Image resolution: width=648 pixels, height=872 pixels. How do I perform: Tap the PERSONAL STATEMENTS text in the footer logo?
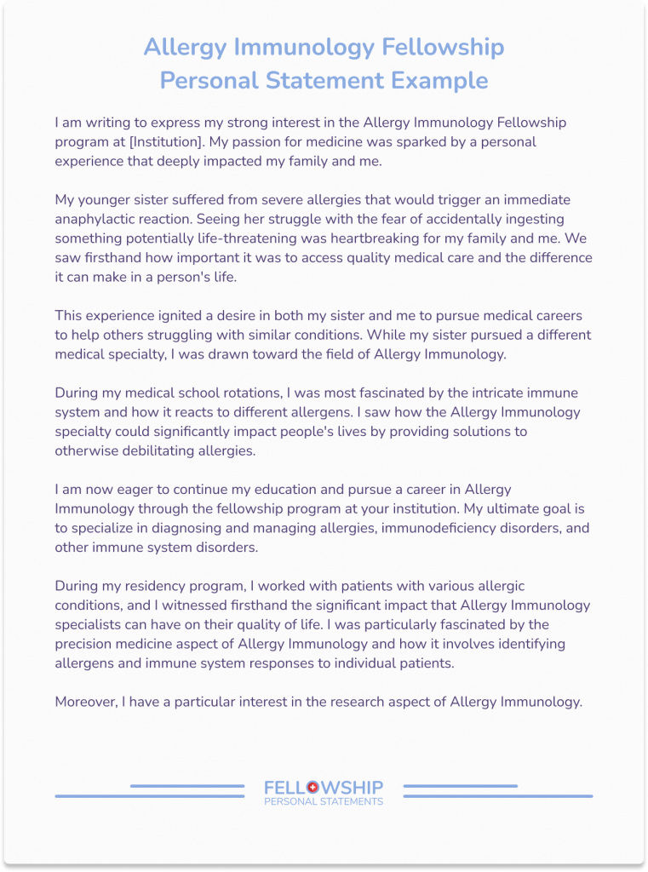click(x=324, y=801)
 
